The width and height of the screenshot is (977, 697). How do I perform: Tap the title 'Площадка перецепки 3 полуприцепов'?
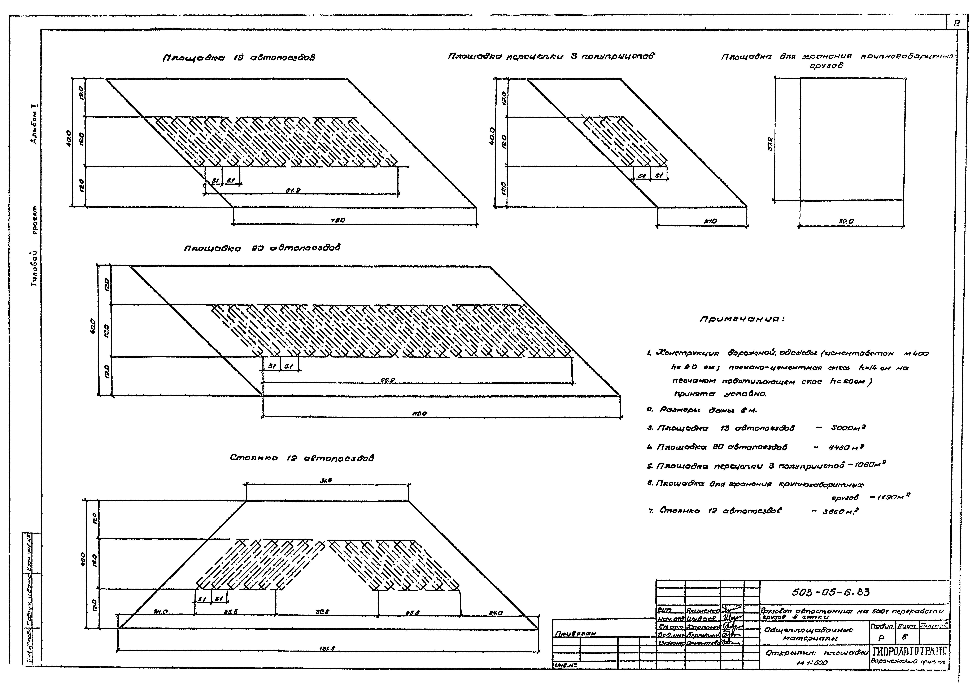coord(551,56)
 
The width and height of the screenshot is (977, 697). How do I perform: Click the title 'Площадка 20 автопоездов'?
coord(262,248)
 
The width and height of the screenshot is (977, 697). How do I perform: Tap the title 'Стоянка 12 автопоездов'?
coord(302,458)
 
